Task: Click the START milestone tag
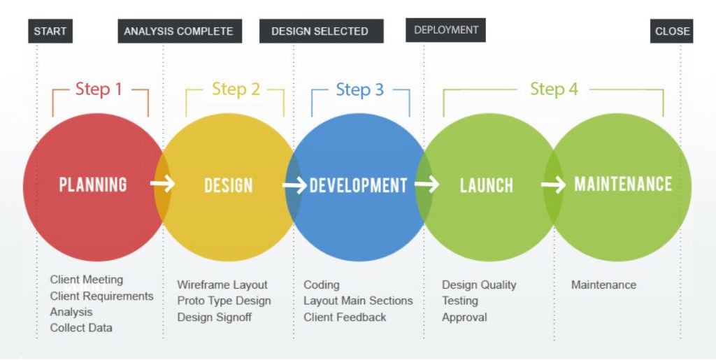[x=50, y=31]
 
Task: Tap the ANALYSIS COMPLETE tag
[x=180, y=31]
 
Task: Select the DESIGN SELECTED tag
[x=321, y=31]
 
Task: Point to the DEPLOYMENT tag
[x=445, y=30]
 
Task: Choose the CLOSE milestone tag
[x=671, y=31]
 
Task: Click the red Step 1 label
[x=99, y=89]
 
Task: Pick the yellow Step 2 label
[x=236, y=89]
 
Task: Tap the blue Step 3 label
[x=360, y=90]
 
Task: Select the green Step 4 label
[x=554, y=89]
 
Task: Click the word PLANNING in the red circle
[x=93, y=185]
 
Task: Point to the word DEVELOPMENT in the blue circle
[x=359, y=185]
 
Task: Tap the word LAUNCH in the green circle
[x=487, y=185]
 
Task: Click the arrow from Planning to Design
[x=162, y=183]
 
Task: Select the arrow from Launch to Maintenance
[x=554, y=185]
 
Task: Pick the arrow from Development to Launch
[x=427, y=185]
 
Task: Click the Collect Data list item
[x=81, y=328]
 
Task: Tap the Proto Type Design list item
[x=224, y=301]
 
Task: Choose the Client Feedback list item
[x=345, y=317]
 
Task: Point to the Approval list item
[x=464, y=317]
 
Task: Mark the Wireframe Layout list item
[x=222, y=285]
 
